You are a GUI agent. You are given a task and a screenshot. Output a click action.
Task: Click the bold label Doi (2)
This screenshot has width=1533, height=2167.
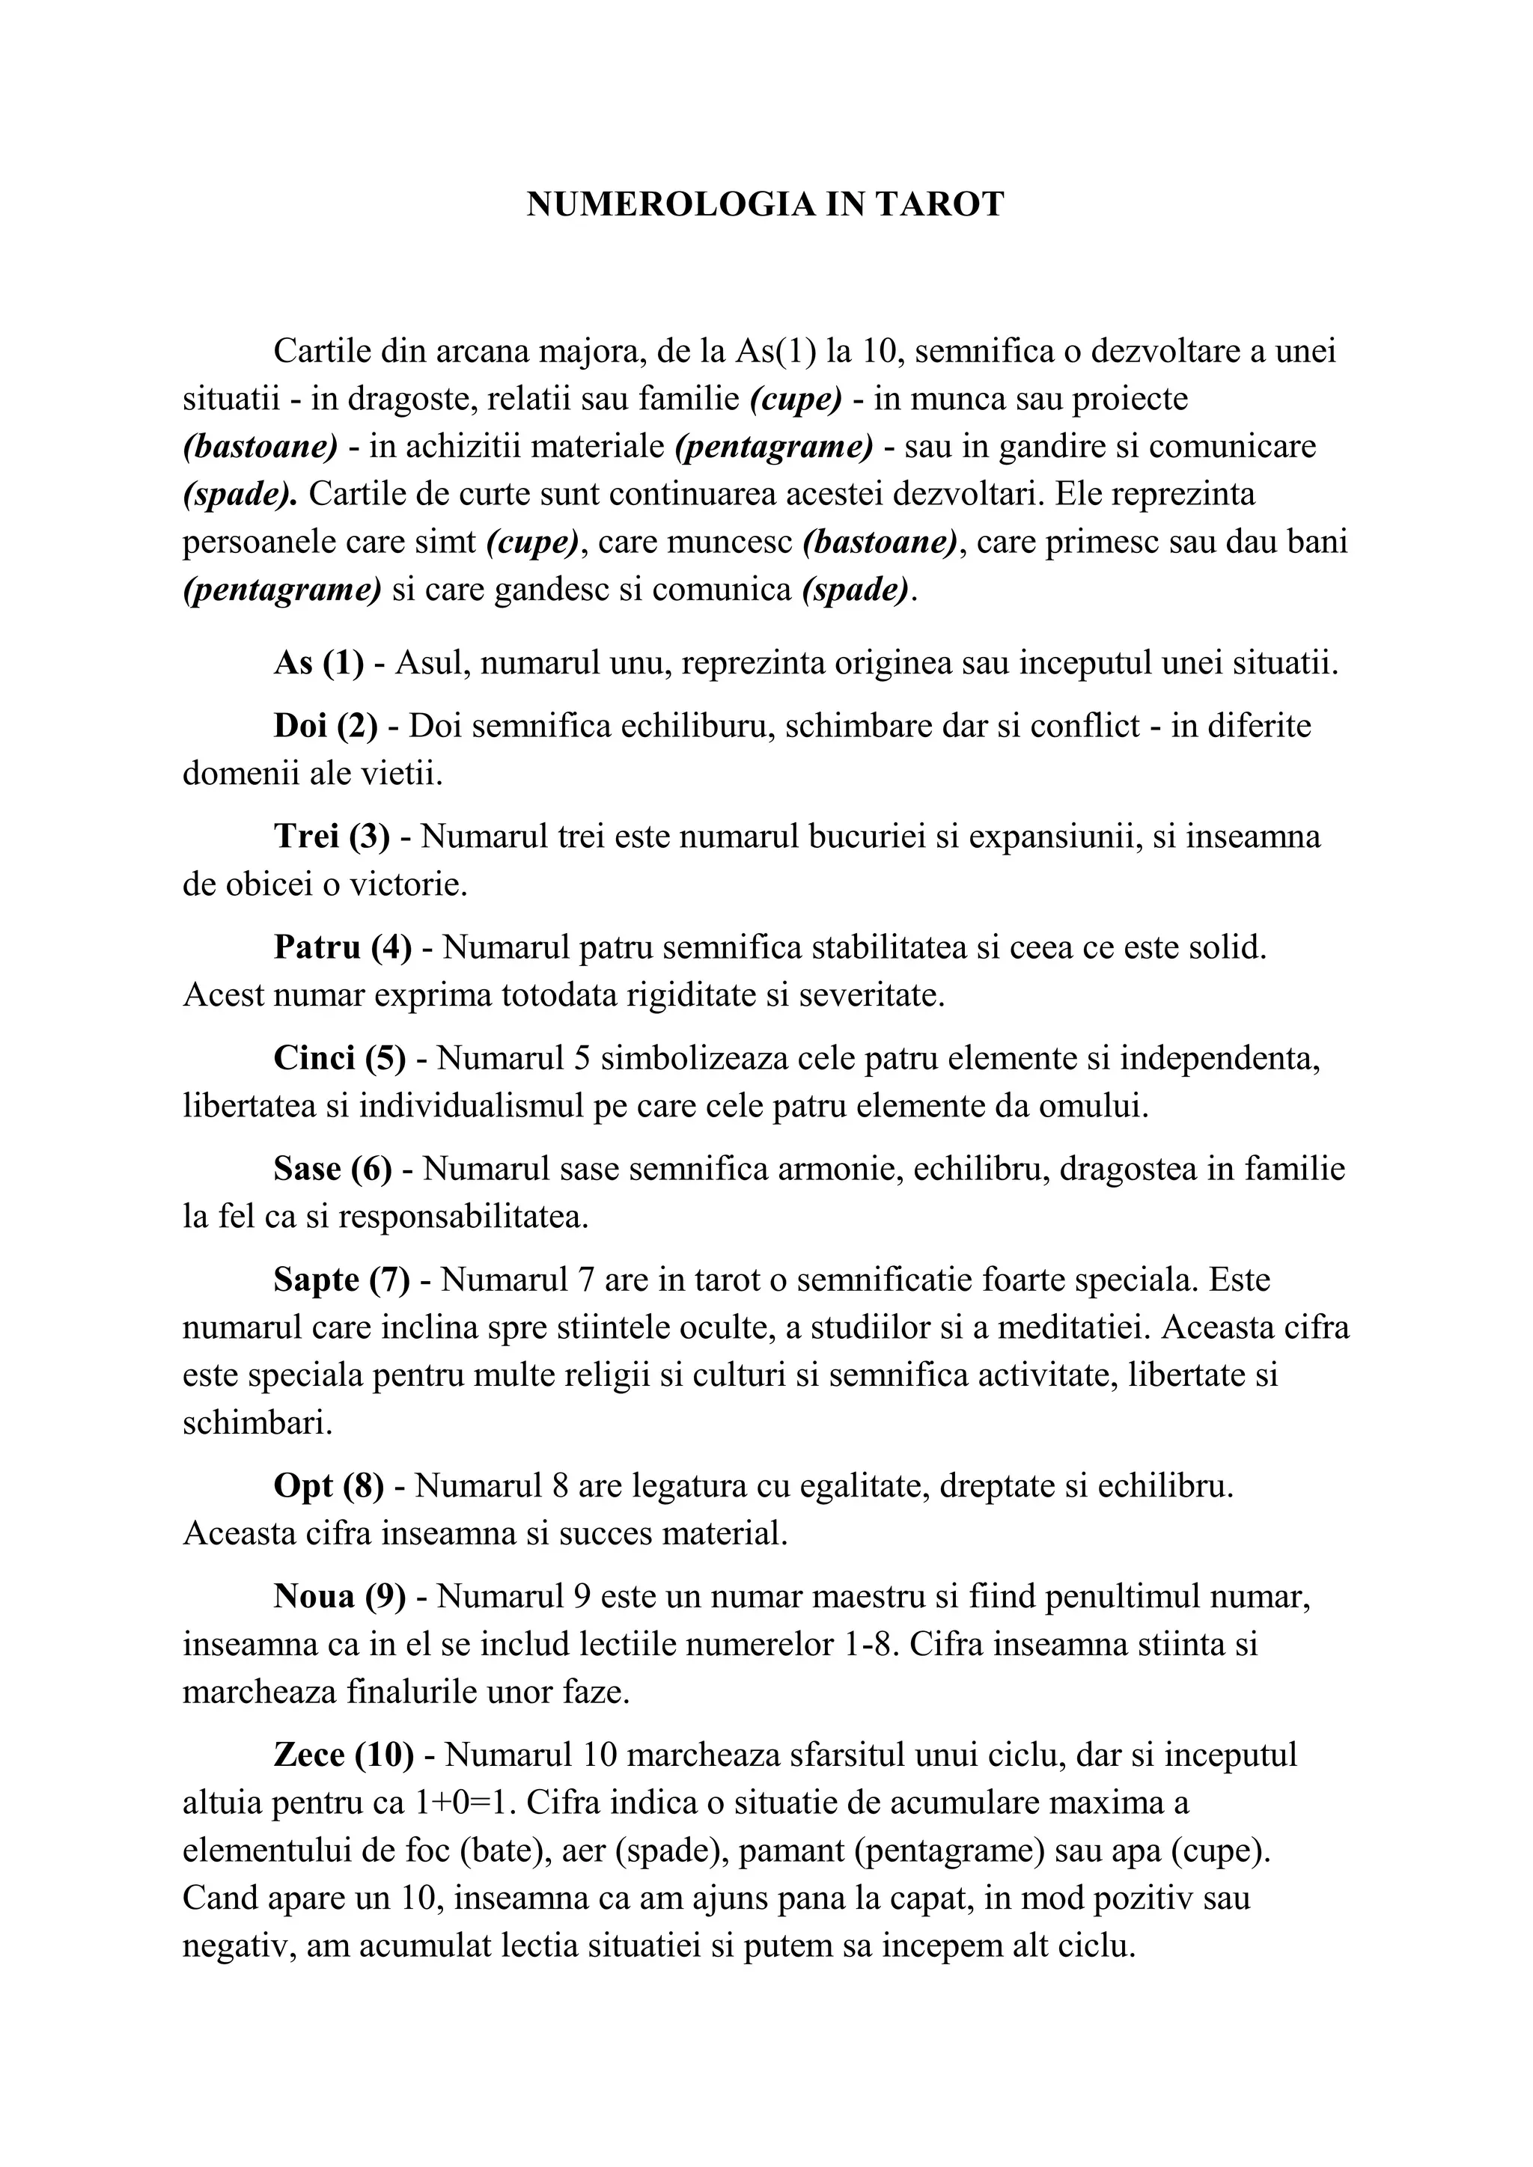[325, 726]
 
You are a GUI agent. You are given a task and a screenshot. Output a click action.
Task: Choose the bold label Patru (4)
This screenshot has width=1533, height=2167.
[343, 947]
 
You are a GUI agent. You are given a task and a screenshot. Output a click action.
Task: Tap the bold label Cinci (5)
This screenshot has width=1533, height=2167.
[339, 1058]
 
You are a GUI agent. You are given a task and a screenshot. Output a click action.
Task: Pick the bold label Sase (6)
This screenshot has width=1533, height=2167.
[332, 1169]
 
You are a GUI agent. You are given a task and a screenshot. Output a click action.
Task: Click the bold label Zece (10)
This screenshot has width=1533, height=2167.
[344, 1755]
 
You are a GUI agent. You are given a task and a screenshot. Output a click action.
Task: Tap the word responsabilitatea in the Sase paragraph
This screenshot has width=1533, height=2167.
[463, 1217]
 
